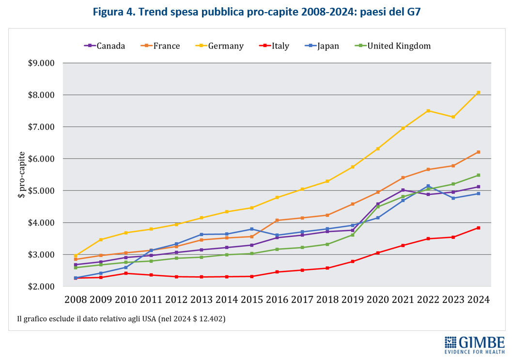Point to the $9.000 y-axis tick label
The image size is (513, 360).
tap(41, 63)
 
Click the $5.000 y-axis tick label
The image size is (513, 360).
tap(41, 191)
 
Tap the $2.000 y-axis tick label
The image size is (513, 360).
tap(41, 286)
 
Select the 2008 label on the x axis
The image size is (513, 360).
tap(76, 300)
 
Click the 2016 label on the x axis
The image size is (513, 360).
tap(278, 300)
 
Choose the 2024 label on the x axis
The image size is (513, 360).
tap(478, 300)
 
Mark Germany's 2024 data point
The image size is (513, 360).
tap(478, 93)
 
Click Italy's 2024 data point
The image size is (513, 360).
tap(478, 228)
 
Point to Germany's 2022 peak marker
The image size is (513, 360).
tap(428, 111)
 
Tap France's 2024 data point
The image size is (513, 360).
tap(478, 152)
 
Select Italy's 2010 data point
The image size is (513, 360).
tap(126, 273)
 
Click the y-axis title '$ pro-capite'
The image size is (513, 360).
tap(22, 174)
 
